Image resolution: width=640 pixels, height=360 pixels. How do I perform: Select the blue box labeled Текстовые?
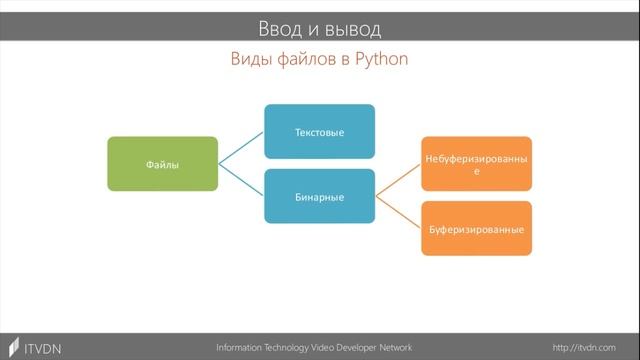[x=319, y=131]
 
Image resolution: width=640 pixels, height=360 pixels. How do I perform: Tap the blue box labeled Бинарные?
[x=319, y=197]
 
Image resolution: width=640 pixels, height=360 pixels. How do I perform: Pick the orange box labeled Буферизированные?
[x=476, y=229]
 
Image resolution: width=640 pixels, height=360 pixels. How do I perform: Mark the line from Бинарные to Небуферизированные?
[x=398, y=181]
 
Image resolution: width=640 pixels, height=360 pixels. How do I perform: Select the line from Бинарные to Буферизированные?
[x=398, y=213]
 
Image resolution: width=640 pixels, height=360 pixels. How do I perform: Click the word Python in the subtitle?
[x=380, y=60]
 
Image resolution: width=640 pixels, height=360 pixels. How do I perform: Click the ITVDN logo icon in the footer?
[x=11, y=347]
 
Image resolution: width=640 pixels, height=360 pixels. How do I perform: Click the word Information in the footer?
[x=242, y=347]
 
